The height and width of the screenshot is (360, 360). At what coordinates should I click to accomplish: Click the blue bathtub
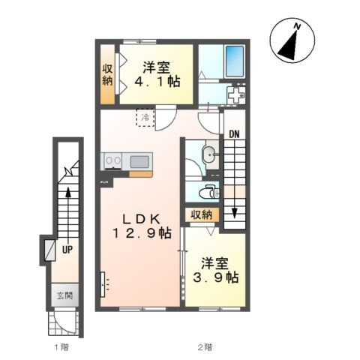(x=235, y=61)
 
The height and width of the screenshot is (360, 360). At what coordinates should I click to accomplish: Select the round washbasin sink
(x=210, y=155)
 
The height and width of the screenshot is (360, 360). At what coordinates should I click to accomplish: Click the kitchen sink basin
(x=139, y=161)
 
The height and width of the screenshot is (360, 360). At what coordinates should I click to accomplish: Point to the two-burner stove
(x=113, y=161)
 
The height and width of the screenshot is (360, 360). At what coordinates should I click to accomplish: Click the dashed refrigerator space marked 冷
(x=145, y=118)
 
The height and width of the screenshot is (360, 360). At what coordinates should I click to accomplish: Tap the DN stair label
(x=234, y=135)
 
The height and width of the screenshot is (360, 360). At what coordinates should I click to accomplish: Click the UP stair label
(x=67, y=249)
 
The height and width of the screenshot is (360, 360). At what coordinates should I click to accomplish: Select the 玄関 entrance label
(x=64, y=295)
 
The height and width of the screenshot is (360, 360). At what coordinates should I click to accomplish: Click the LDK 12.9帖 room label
(x=142, y=226)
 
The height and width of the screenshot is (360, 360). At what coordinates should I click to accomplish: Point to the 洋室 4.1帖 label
(x=157, y=74)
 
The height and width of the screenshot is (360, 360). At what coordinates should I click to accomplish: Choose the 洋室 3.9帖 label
(x=215, y=270)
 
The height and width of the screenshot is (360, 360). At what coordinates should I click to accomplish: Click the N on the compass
(x=297, y=26)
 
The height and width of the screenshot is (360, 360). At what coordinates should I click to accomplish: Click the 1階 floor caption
(x=61, y=347)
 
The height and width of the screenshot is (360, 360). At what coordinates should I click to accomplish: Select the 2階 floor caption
(x=205, y=347)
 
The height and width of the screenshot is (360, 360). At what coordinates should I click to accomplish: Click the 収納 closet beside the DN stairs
(x=202, y=214)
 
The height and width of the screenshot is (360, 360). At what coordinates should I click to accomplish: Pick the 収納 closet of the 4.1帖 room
(x=107, y=74)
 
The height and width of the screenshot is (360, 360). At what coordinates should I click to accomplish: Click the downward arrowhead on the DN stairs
(x=234, y=213)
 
